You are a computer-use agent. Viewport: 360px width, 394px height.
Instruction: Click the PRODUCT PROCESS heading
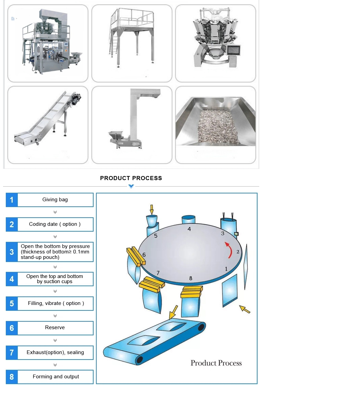coord(131,178)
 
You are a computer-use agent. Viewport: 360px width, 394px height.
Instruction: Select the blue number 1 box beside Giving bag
coord(12,200)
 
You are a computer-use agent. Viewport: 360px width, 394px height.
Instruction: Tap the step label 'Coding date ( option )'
coord(55,224)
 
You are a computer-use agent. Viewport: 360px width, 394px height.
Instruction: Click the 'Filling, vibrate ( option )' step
coord(56,303)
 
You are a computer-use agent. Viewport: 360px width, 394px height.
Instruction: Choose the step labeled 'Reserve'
coord(55,327)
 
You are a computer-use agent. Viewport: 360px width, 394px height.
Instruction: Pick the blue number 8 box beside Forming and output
coord(12,377)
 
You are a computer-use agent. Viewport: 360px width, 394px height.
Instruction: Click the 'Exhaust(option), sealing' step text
coord(55,352)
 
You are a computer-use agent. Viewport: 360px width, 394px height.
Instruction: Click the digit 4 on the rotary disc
coord(189,229)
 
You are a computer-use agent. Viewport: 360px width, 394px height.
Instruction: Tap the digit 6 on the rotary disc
coord(144,255)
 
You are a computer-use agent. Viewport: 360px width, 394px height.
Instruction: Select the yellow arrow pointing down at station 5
coord(152,209)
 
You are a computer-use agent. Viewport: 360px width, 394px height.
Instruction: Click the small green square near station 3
coord(236,234)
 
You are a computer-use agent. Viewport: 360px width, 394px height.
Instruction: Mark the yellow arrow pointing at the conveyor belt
coord(173,312)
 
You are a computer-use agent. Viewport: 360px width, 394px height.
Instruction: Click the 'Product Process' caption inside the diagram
coord(216,363)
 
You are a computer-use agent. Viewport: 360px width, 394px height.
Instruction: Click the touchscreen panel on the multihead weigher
coord(234,50)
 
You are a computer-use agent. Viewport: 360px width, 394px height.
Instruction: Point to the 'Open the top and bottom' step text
coord(55,276)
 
